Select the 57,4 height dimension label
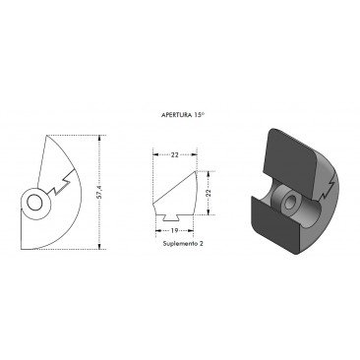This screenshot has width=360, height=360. click(x=100, y=192)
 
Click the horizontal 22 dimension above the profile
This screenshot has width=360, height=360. click(x=175, y=154)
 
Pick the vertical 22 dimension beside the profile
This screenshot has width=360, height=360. click(x=209, y=193)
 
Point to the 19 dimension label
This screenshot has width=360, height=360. click(x=174, y=230)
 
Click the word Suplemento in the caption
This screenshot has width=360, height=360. click(x=180, y=244)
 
